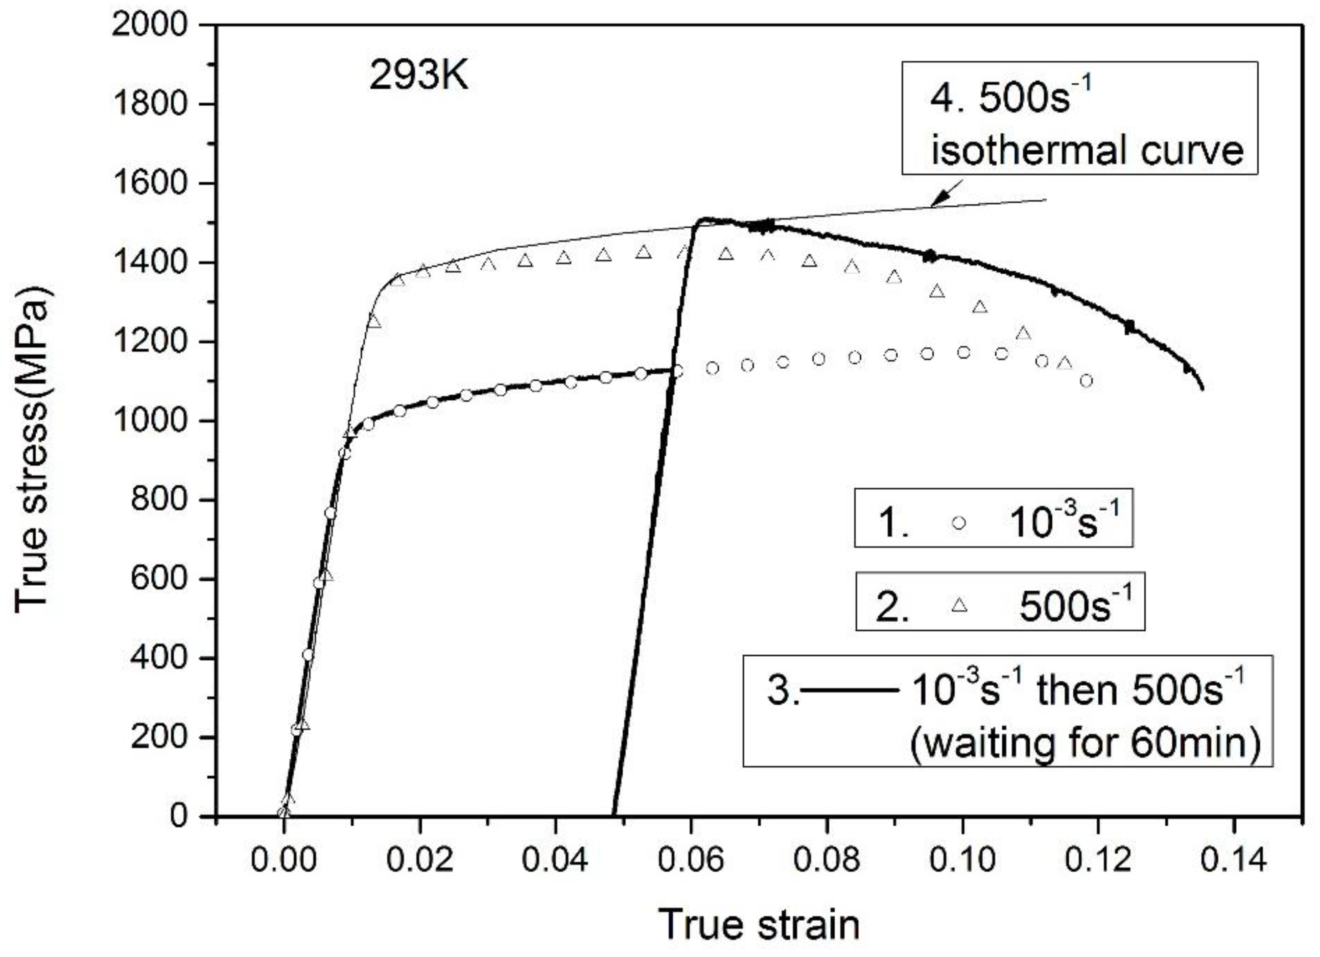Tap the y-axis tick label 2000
click(150, 25)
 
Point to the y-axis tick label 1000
click(150, 421)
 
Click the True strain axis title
click(759, 924)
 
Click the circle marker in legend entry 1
click(958, 522)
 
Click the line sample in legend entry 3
click(850, 691)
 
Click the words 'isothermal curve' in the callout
click(1086, 150)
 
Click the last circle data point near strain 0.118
click(1086, 381)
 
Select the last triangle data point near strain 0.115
click(1065, 363)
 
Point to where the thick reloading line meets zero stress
click(615, 815)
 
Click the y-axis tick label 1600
click(150, 183)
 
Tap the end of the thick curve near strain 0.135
click(1202, 388)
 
